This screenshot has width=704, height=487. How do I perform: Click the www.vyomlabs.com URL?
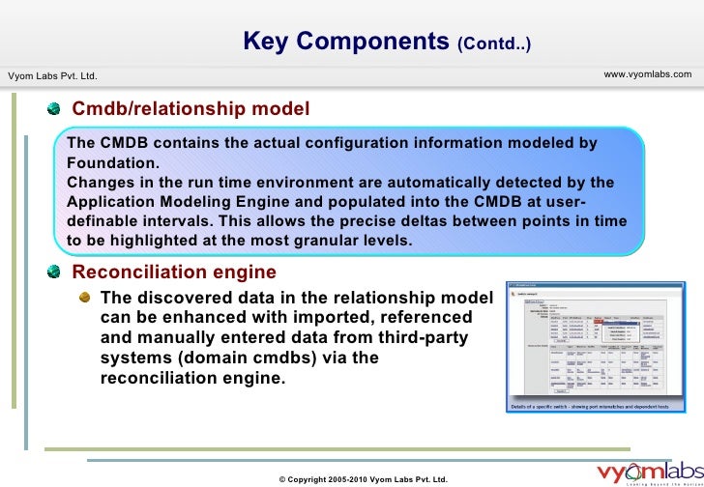coord(647,74)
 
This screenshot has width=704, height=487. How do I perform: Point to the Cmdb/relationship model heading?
coord(191,108)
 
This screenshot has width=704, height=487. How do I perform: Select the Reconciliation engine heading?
coord(174,272)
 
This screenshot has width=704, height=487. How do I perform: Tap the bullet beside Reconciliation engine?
coord(60,272)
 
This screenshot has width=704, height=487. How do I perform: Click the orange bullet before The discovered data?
coord(87,298)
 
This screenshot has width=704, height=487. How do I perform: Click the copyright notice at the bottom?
coord(363,478)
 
